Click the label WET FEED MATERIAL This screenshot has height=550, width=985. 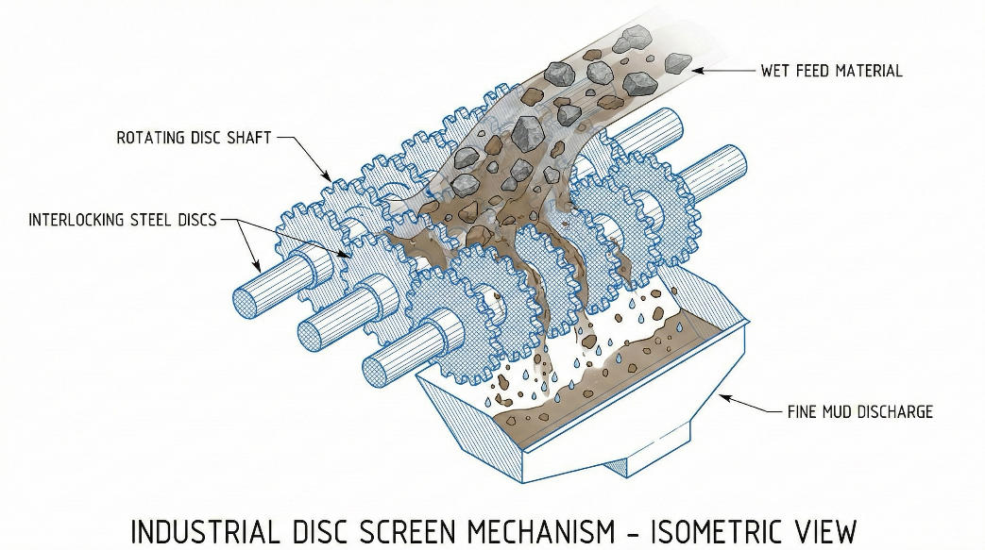(x=831, y=71)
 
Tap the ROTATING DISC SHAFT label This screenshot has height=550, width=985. (x=194, y=138)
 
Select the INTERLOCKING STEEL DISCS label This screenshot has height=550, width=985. (x=122, y=220)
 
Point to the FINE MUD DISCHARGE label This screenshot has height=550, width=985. (x=859, y=411)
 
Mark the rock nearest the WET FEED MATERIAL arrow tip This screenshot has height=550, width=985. (x=677, y=63)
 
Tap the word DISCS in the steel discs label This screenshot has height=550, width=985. (x=194, y=220)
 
